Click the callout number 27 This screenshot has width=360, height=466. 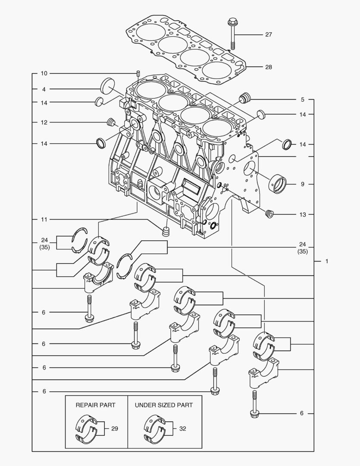(268, 35)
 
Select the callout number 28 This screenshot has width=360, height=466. (268, 67)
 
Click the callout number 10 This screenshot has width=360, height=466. (44, 73)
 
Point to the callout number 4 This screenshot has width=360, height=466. (44, 89)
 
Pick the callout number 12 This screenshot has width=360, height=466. (44, 123)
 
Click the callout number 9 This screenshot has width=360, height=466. (303, 184)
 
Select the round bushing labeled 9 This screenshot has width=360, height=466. (278, 183)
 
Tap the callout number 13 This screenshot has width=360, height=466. (303, 214)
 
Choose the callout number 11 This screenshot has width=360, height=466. (44, 220)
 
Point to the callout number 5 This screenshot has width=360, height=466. (303, 100)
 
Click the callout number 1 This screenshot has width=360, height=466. (327, 261)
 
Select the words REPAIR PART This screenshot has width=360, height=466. (96, 405)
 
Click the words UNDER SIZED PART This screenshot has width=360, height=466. (164, 405)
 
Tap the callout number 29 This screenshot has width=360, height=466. (115, 429)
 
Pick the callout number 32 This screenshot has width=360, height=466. (182, 429)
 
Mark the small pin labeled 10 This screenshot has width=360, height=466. (138, 73)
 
